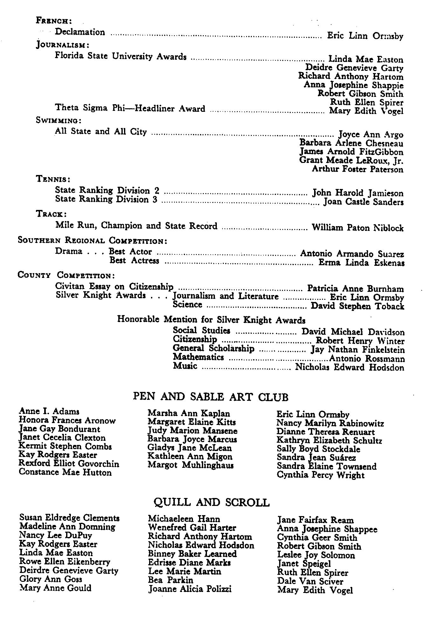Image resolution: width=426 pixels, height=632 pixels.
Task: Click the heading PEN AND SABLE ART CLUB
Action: pyautogui.click(x=210, y=397)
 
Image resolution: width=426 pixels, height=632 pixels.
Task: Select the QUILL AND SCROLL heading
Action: pyautogui.click(x=211, y=502)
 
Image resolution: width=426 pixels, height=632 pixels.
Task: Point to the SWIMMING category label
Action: pyautogui.click(x=59, y=121)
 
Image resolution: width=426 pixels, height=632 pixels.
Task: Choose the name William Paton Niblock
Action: pyautogui.click(x=358, y=228)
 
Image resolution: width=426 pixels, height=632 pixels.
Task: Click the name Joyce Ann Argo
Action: pyautogui.click(x=371, y=135)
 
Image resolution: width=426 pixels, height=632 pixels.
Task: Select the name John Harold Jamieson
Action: pyautogui.click(x=358, y=193)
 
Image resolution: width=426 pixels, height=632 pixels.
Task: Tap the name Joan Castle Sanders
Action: pyautogui.click(x=363, y=202)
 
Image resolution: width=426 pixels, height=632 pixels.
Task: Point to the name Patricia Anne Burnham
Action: pyautogui.click(x=355, y=289)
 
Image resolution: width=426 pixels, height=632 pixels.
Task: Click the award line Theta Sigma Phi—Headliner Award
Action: pyautogui.click(x=130, y=108)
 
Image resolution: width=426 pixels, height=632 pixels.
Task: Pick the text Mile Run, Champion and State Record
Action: pyautogui.click(x=136, y=226)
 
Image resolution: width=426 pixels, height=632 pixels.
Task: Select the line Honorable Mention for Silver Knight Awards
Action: pyautogui.click(x=211, y=319)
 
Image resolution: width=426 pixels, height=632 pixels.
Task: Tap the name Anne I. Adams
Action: pyautogui.click(x=49, y=412)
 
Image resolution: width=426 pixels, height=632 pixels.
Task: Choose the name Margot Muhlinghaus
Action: pyautogui.click(x=191, y=465)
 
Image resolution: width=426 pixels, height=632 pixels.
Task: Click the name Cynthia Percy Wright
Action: pyautogui.click(x=320, y=475)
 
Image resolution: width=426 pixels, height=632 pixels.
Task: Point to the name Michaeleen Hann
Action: pyautogui.click(x=184, y=519)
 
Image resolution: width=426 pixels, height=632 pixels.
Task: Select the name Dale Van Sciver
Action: pyautogui.click(x=310, y=581)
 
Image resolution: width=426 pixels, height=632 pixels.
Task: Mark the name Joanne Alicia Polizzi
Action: pyautogui.click(x=190, y=589)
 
